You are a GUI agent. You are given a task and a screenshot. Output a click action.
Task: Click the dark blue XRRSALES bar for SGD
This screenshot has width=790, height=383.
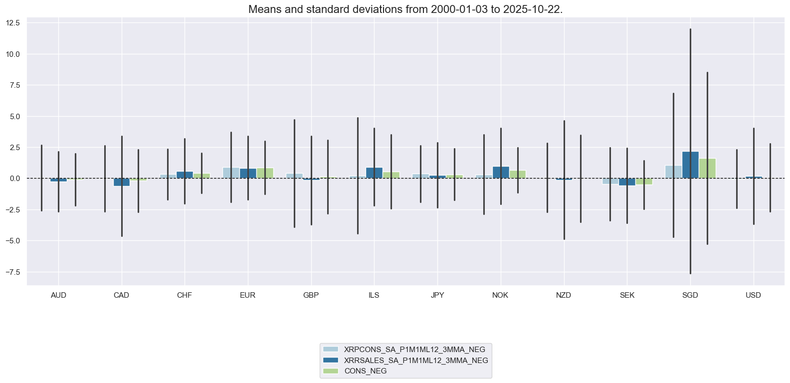coord(690,165)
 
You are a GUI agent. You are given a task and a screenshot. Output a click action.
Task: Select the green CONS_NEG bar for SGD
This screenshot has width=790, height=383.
coord(707,169)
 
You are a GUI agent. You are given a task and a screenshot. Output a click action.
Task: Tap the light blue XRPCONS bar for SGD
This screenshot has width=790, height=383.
coord(673,172)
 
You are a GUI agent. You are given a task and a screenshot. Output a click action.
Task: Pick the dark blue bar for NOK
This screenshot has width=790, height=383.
coord(501,173)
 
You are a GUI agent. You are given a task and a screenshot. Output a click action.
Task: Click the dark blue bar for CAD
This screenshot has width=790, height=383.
coord(122,182)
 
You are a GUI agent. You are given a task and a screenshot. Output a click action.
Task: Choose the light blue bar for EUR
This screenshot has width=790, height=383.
coord(231,173)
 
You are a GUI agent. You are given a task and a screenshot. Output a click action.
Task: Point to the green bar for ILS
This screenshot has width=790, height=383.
coord(391,175)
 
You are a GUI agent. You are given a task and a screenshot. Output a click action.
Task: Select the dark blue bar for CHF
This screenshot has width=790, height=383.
coord(185,175)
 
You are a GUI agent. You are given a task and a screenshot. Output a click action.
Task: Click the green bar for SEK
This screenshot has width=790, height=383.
coord(644,182)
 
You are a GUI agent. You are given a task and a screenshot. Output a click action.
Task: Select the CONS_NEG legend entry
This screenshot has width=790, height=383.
coord(366,371)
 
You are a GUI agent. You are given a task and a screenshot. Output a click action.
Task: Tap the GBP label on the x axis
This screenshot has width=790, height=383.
coord(311,295)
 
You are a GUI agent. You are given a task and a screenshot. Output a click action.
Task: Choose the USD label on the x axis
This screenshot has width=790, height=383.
coord(753,295)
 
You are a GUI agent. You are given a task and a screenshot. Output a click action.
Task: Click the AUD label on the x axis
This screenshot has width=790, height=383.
coord(58,295)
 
